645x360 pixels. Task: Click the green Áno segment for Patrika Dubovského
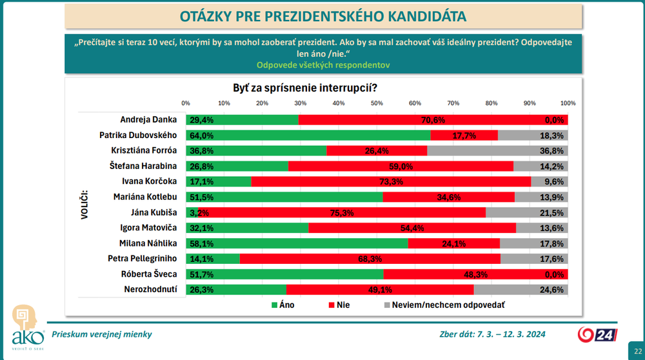pyautogui.click(x=308, y=135)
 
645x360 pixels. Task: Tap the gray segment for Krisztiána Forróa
pyautogui.click(x=497, y=151)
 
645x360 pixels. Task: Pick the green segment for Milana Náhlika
pyautogui.click(x=297, y=243)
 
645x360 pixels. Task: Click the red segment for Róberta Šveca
pyautogui.click(x=475, y=274)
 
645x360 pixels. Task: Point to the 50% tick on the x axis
pyautogui.click(x=377, y=103)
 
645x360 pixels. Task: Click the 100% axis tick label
pyautogui.click(x=568, y=103)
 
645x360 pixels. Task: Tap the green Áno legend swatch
pyautogui.click(x=274, y=305)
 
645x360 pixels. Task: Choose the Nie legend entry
pyautogui.click(x=339, y=305)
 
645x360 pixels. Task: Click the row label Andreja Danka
pyautogui.click(x=148, y=120)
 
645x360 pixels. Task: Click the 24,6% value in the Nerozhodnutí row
pyautogui.click(x=555, y=290)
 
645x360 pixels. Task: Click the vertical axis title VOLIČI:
pyautogui.click(x=84, y=205)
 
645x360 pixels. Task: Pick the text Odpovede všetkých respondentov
pyautogui.click(x=322, y=65)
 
